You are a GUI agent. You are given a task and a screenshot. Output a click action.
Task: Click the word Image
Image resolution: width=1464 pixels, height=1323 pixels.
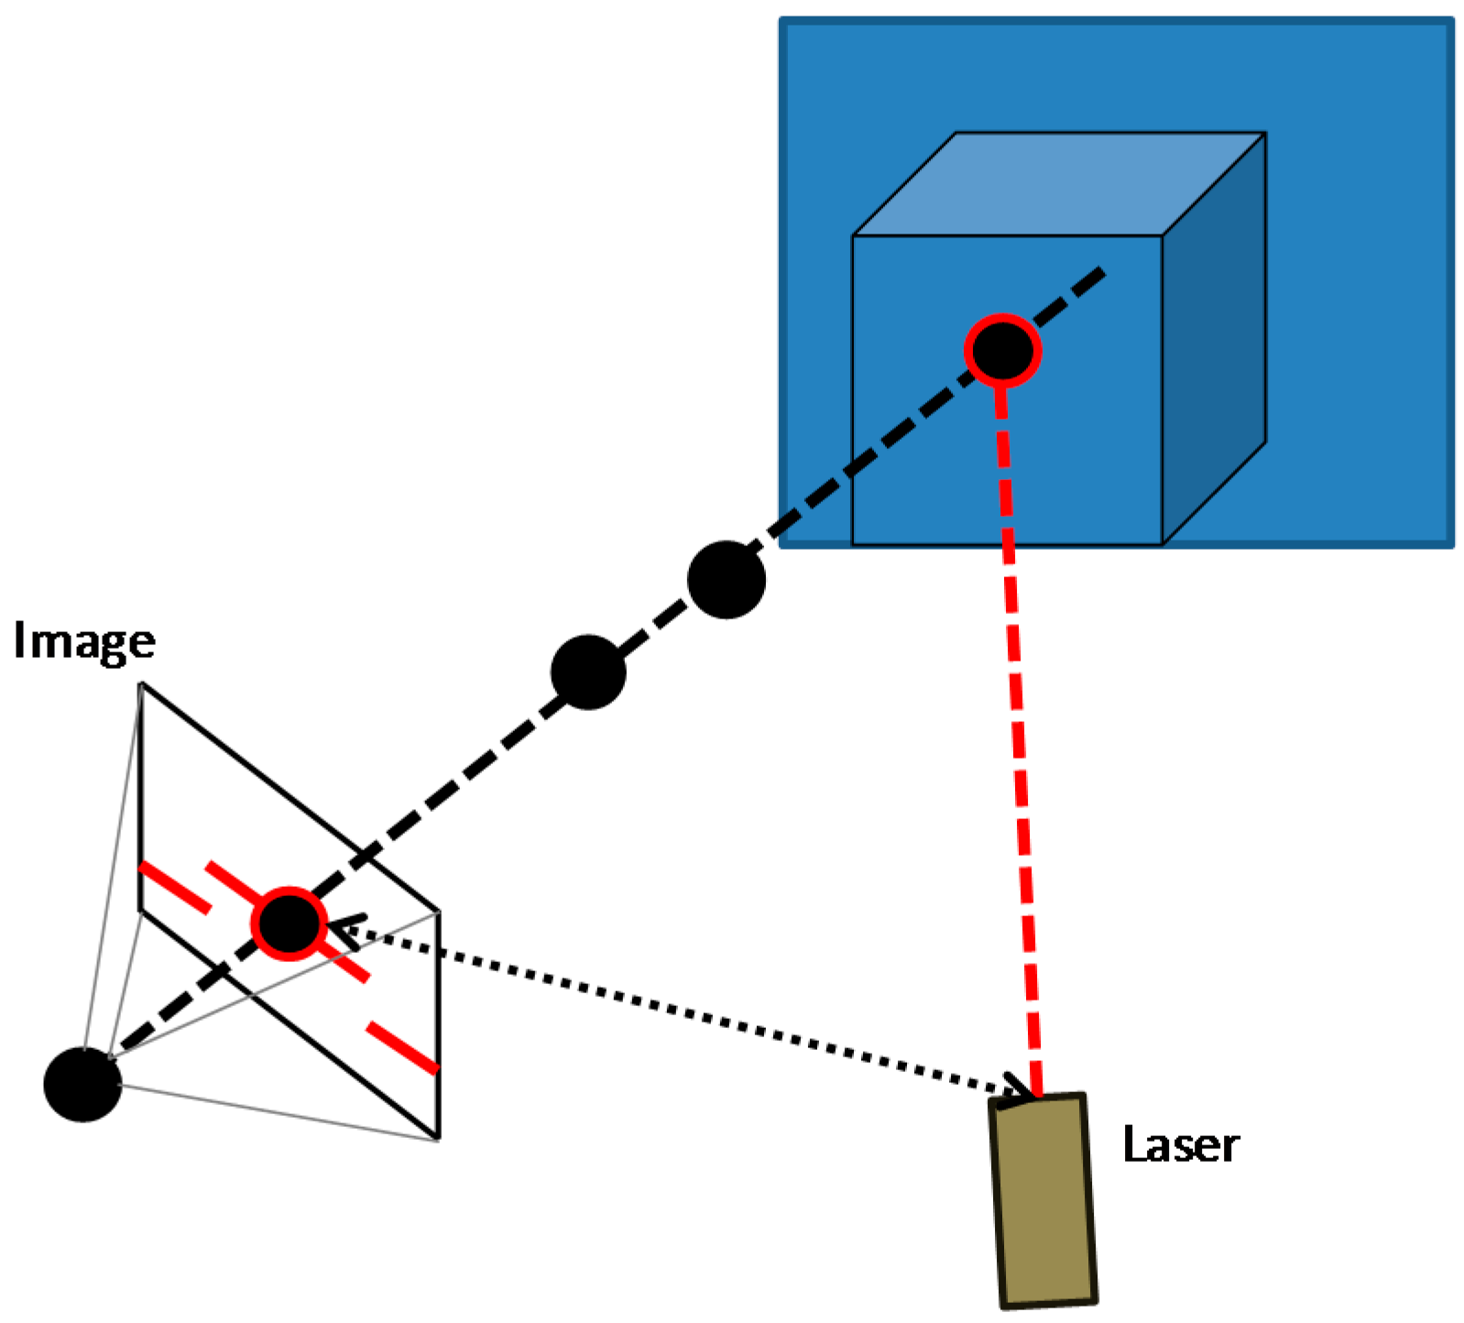(84, 642)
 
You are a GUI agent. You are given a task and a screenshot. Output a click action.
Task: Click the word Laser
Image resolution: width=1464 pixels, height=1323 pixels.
(1181, 1145)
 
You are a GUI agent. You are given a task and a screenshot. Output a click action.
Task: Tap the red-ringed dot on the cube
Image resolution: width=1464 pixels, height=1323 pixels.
(1003, 351)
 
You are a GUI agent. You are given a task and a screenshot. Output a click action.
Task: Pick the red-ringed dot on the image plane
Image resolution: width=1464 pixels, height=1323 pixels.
(289, 924)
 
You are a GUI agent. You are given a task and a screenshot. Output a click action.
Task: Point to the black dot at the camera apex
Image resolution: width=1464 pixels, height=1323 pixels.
(82, 1084)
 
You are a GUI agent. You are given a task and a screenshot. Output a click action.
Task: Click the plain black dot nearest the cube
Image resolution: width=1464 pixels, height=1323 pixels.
(727, 580)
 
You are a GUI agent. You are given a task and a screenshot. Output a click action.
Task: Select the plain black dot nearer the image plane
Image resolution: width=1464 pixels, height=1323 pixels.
(588, 672)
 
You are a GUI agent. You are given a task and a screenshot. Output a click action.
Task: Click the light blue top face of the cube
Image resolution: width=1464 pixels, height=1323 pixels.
(1058, 183)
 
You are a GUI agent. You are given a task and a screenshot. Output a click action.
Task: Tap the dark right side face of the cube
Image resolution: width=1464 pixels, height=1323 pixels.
(1214, 366)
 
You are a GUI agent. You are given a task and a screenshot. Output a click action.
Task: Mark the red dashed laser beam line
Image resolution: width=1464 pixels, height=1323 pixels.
(1020, 733)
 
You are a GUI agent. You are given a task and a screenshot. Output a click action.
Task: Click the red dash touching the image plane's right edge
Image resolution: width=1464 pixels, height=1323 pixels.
(403, 1047)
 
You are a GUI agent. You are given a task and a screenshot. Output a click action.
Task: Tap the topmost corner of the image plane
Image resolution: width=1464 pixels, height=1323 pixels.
(141, 683)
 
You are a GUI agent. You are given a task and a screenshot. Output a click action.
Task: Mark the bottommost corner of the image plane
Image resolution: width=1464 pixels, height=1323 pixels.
(439, 1139)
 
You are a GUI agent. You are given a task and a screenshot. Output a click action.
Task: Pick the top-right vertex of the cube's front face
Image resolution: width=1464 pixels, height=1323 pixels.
(1162, 236)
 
